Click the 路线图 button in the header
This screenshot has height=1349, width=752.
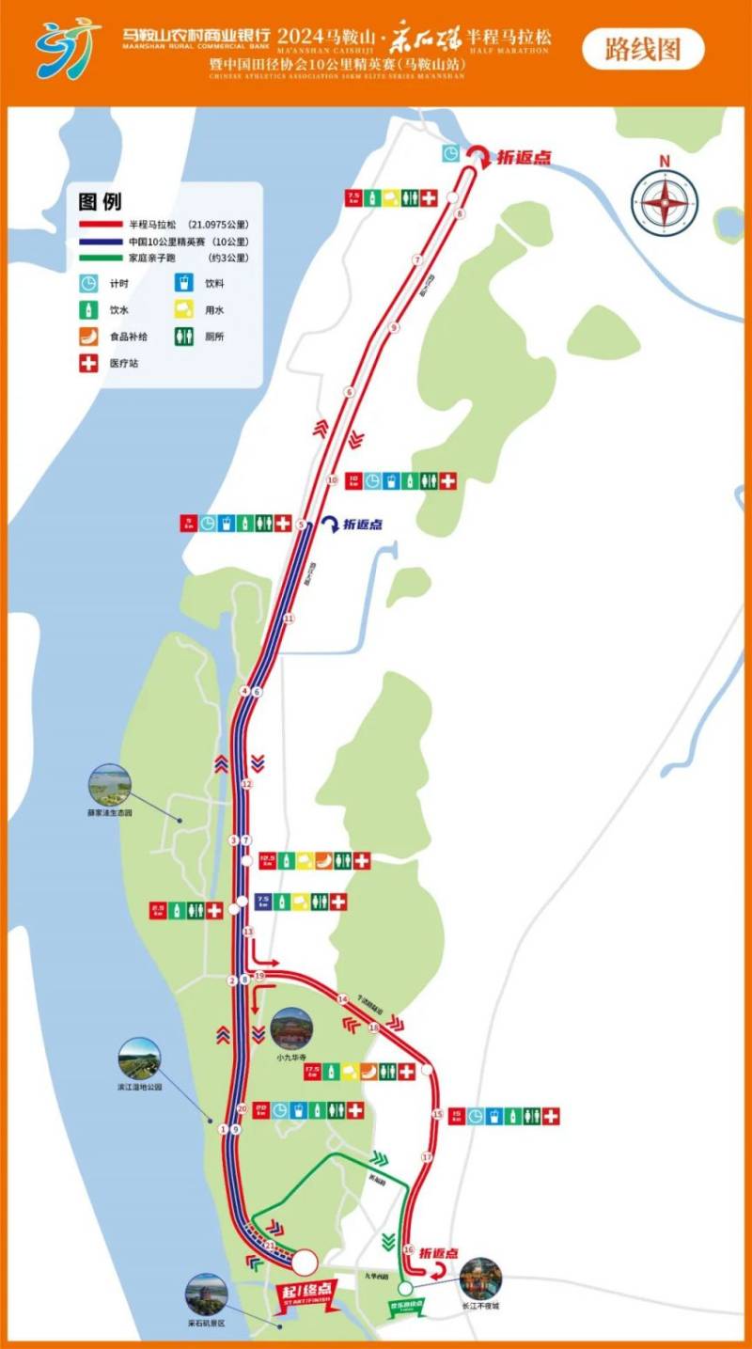(x=643, y=49)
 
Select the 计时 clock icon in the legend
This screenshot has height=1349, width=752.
(x=89, y=282)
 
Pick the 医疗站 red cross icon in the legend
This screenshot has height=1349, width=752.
(x=89, y=363)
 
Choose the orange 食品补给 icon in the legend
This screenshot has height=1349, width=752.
(x=89, y=336)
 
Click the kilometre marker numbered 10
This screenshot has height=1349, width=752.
(x=332, y=480)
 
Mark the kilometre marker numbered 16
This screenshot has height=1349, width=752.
(x=408, y=1249)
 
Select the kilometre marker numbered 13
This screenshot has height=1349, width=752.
(x=249, y=932)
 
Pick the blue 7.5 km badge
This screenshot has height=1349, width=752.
(x=265, y=902)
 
